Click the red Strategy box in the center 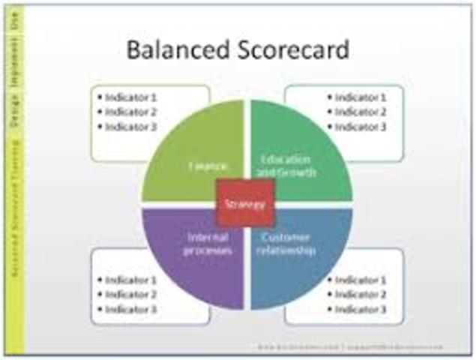(245, 203)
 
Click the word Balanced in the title (168, 50)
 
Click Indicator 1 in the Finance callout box (130, 97)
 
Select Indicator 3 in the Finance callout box (130, 126)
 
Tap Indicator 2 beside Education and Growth (360, 112)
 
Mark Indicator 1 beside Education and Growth (360, 97)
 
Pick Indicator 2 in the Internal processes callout (130, 294)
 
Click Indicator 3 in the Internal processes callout (130, 309)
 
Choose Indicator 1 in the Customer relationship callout (360, 280)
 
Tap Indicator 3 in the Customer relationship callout (360, 309)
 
